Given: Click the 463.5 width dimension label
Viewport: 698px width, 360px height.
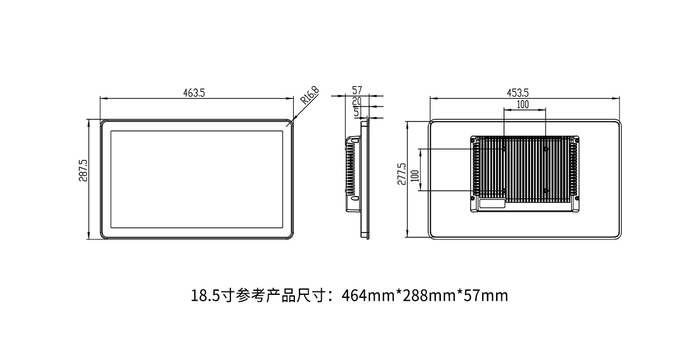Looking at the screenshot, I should tap(194, 92).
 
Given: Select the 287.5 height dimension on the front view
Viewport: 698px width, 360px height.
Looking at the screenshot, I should tap(83, 171).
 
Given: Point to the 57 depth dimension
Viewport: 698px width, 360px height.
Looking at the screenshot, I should tap(357, 90).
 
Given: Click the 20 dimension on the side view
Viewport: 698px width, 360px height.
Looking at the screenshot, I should tap(357, 101).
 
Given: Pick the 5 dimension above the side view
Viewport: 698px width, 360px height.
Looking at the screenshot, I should tap(356, 112).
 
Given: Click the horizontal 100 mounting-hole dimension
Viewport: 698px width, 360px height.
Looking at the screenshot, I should tap(522, 104).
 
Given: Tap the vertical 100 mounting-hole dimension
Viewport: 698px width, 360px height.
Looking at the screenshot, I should tap(414, 176).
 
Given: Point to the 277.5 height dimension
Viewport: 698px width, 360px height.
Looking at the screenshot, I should tap(401, 174).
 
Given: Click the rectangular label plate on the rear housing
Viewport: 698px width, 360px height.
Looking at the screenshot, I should tap(492, 204).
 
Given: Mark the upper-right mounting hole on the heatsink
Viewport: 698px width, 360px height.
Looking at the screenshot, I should tap(546, 149).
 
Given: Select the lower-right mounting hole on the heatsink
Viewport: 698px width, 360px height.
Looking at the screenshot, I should tap(546, 190).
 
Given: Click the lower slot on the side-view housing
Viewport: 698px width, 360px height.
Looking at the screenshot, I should tap(352, 199).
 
